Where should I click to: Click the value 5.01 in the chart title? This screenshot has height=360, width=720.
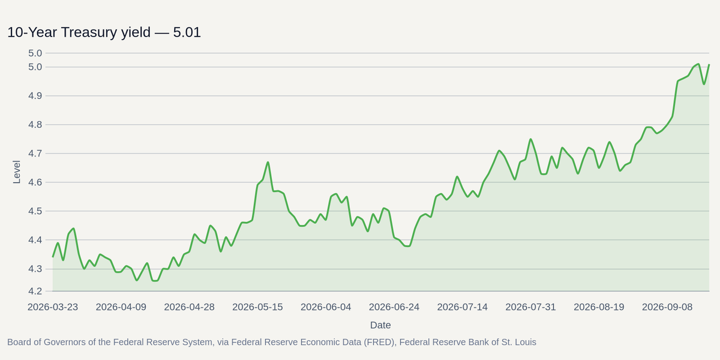[x=187, y=32]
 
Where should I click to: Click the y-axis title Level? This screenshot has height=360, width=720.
[x=16, y=172]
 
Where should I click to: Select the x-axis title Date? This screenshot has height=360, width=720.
[x=380, y=325]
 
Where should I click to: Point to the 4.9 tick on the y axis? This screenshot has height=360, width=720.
[x=35, y=96]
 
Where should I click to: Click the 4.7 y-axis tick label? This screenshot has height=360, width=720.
[x=35, y=154]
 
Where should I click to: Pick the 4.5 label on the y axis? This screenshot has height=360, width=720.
[x=35, y=211]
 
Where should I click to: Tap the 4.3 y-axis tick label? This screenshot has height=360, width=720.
[x=35, y=269]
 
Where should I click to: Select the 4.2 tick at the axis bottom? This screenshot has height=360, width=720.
[x=35, y=291]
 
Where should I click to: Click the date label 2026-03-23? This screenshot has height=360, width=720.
[x=53, y=307]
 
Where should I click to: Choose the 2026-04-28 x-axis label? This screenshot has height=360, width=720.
[x=190, y=307]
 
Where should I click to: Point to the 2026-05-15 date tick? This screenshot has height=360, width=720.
[x=257, y=307]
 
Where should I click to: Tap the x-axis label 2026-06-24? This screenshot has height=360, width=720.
[x=394, y=307]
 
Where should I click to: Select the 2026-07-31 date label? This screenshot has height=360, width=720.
[x=530, y=307]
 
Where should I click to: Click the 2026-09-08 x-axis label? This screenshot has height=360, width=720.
[x=667, y=307]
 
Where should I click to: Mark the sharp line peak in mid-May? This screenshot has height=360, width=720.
[x=268, y=163]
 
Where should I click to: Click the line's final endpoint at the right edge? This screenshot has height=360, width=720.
[x=709, y=65]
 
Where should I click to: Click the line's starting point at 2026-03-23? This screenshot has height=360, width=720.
[x=53, y=257]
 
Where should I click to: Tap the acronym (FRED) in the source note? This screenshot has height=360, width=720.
[x=379, y=343]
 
